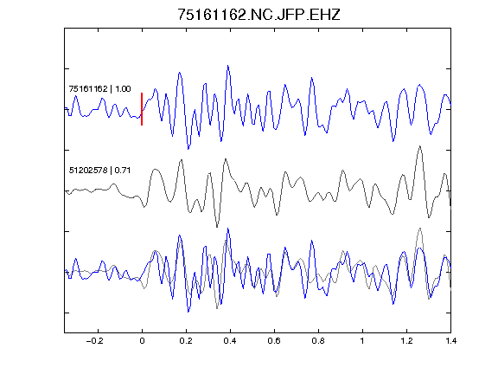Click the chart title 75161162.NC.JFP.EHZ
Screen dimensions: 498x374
(x=259, y=15)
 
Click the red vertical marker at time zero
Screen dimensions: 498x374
(x=142, y=109)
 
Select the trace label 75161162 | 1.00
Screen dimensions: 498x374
(x=99, y=88)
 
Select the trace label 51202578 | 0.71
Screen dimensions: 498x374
(x=99, y=171)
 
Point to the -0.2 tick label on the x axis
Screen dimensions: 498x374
(x=95, y=341)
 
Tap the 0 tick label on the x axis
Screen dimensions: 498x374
(x=142, y=341)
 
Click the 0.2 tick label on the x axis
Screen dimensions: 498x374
(x=186, y=341)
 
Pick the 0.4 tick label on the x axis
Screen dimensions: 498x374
(x=230, y=341)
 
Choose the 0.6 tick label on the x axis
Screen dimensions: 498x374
(x=274, y=341)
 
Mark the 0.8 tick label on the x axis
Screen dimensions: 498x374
(x=318, y=341)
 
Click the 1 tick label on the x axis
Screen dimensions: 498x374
(x=362, y=341)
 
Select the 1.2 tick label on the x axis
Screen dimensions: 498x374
(x=406, y=341)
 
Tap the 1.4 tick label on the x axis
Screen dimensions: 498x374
(x=450, y=341)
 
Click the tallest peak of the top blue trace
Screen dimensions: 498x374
(x=228, y=66)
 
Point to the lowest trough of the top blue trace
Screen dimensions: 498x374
(x=188, y=149)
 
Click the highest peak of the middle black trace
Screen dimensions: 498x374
(x=420, y=146)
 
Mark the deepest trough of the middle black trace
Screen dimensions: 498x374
(x=217, y=227)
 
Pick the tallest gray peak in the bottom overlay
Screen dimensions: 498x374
(x=420, y=228)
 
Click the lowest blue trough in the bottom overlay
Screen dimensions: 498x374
(x=188, y=312)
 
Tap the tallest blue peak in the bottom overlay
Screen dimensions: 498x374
(x=228, y=229)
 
